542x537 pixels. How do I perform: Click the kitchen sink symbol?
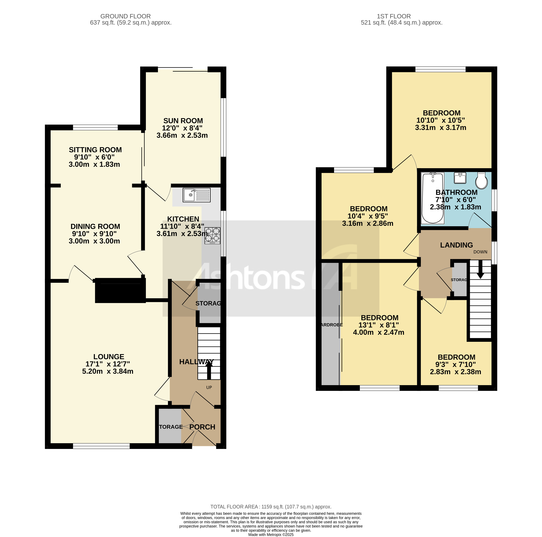click(196, 195)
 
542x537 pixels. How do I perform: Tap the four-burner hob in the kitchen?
click(212, 235)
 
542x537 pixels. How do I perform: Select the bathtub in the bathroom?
click(433, 198)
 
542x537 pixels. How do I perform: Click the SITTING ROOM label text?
click(95, 150)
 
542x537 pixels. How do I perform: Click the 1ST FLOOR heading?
click(394, 16)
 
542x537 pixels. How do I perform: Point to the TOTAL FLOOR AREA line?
click(271, 507)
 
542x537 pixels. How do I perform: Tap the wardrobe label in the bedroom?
click(331, 325)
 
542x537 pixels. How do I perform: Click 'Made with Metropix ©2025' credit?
click(271, 535)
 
